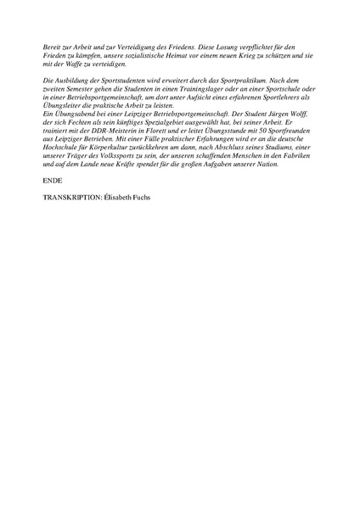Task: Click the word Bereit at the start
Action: click(x=52, y=47)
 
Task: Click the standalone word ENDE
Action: click(x=51, y=181)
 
